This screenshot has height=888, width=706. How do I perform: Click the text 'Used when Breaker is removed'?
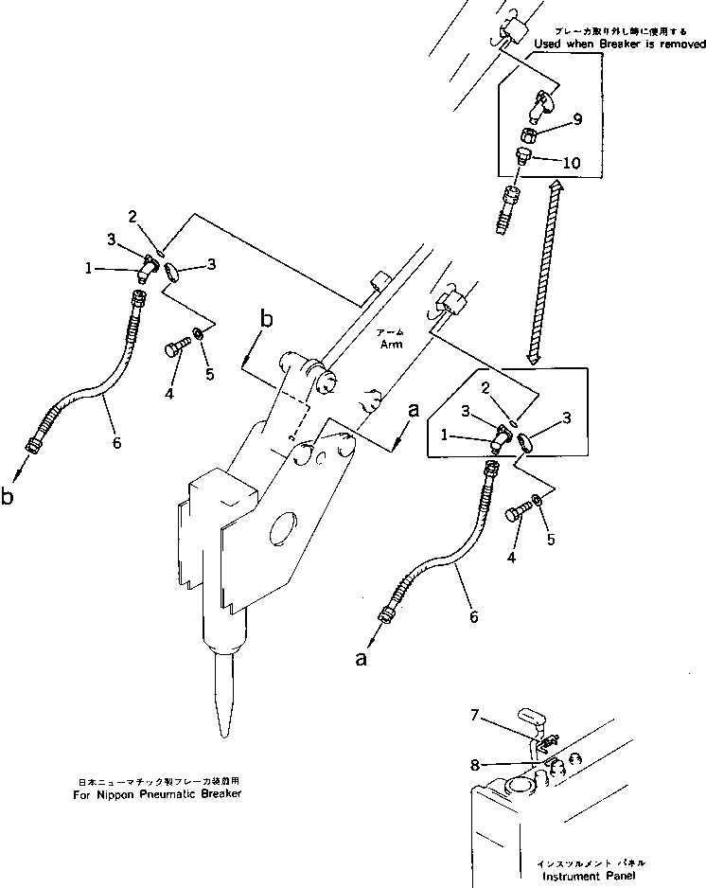620,44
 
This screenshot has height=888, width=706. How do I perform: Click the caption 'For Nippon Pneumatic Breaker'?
157,793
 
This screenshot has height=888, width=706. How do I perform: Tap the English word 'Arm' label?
390,345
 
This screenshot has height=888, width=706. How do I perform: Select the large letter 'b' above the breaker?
267,320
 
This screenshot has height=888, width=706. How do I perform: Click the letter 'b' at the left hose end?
9,496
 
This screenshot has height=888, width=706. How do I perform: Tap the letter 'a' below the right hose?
360,659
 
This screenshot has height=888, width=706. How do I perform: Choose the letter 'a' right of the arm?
412,410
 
